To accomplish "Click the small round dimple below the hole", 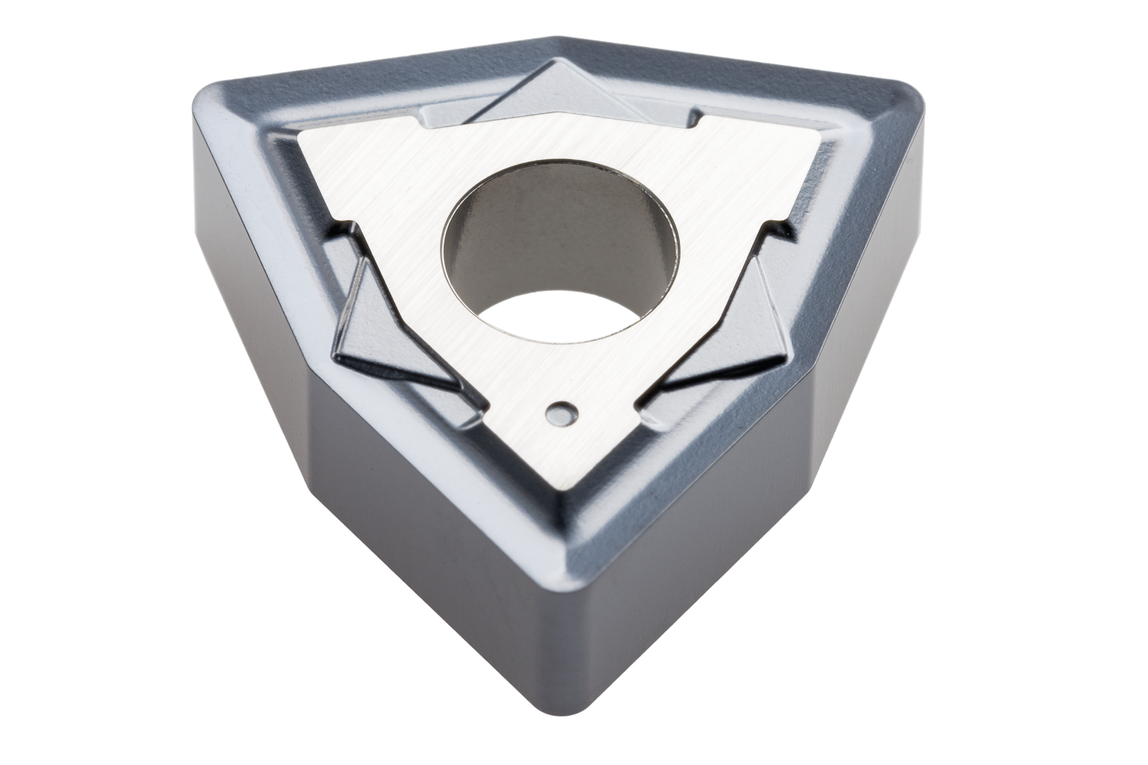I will pyautogui.click(x=561, y=412).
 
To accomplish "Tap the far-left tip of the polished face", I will pyautogui.click(x=299, y=136).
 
